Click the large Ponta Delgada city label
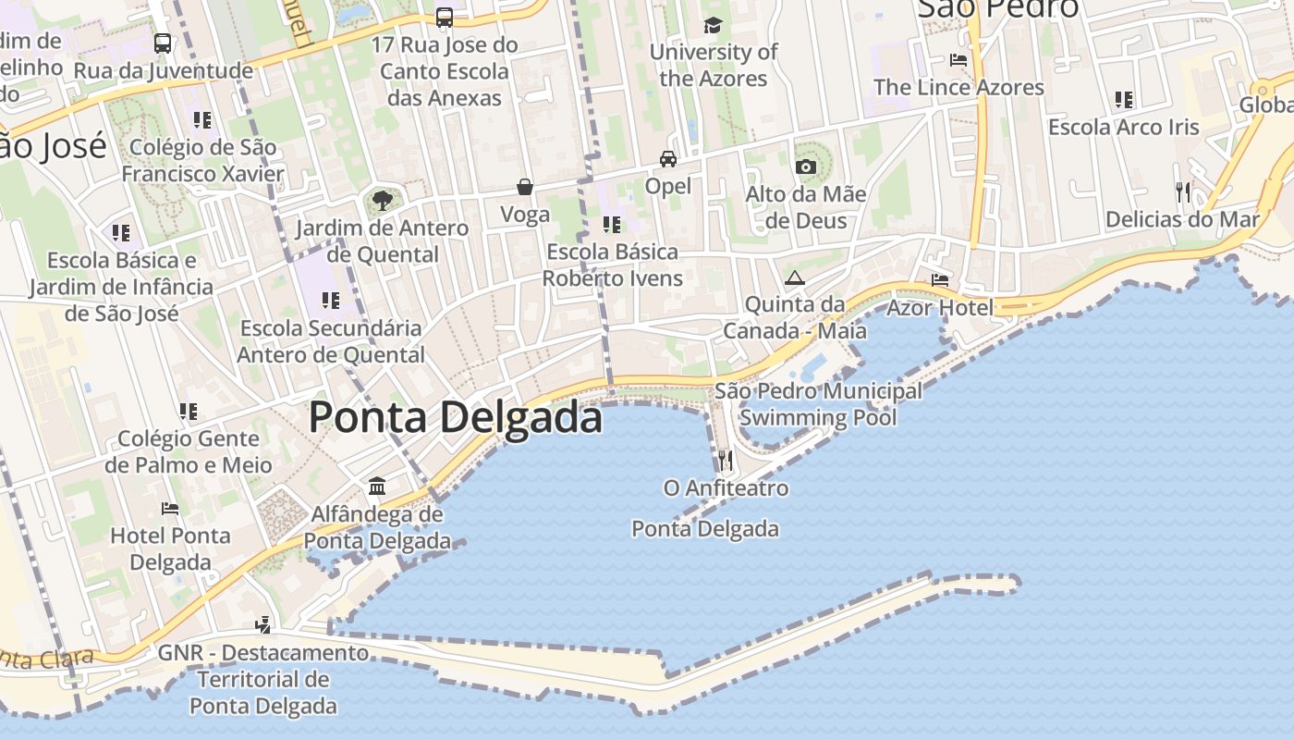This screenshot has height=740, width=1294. (455, 417)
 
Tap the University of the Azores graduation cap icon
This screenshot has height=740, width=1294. (713, 25)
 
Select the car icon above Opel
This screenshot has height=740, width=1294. (668, 159)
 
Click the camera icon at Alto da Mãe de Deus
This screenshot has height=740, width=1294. (806, 166)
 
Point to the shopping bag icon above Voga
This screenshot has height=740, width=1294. (525, 187)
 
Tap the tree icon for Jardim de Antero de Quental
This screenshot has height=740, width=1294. (382, 200)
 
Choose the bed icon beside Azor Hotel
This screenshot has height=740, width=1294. (940, 279)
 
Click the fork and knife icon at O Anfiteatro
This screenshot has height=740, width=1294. (726, 460)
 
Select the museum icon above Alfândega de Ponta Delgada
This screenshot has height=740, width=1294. (377, 486)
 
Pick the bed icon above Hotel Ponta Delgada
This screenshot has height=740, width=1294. (170, 508)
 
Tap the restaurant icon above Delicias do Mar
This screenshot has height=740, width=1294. (1183, 192)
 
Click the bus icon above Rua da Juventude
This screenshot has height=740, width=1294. (163, 43)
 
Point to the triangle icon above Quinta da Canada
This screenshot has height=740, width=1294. (795, 277)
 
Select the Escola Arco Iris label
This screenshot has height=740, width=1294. (1123, 127)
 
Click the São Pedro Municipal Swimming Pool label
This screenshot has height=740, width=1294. (819, 404)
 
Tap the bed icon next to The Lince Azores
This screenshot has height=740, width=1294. (958, 60)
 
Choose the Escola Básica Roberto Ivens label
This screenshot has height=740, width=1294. (612, 265)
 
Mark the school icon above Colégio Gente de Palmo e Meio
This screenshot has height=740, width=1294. (189, 411)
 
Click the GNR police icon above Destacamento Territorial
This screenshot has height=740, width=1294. (263, 624)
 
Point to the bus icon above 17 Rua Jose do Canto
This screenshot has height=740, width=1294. (445, 17)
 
